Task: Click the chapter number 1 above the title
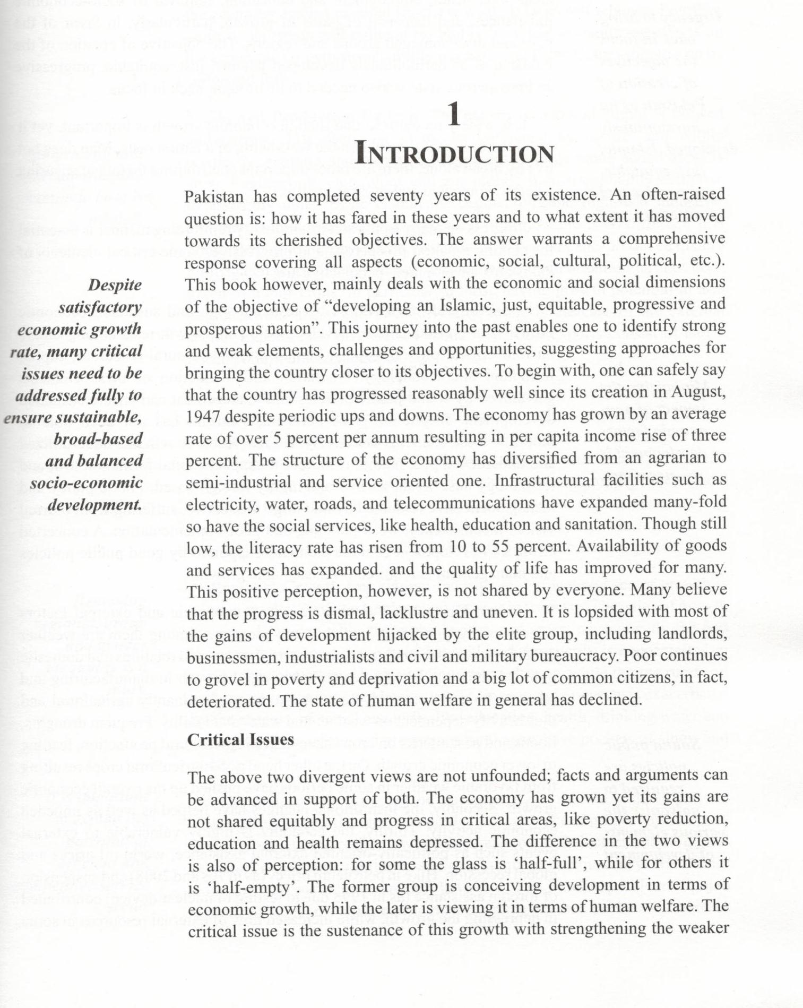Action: tap(454, 115)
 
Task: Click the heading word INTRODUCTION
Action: tap(455, 154)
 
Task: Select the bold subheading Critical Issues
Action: tap(240, 740)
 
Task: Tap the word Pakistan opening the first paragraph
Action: tap(214, 196)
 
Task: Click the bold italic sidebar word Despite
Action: tap(115, 285)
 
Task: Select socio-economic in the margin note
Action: tap(86, 483)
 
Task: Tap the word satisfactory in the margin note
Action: tap(100, 307)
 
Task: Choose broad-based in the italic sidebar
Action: tap(98, 439)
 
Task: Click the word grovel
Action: tap(230, 679)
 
